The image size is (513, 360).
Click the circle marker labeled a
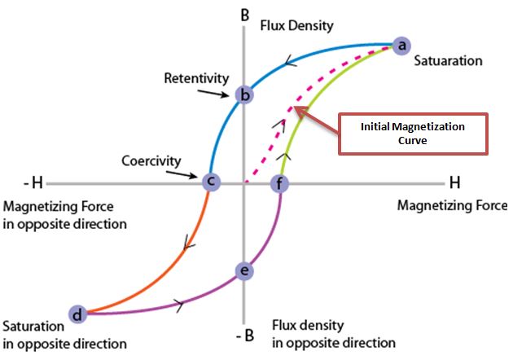[x=400, y=46]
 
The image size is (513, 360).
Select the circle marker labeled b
[x=243, y=95]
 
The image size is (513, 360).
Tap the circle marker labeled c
[x=210, y=181]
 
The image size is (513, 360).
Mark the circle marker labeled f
[x=279, y=182]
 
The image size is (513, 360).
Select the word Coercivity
[x=151, y=160]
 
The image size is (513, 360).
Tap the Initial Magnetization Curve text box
[x=412, y=134]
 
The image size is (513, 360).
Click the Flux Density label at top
[x=296, y=25]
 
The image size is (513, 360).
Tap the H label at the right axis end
[x=453, y=180]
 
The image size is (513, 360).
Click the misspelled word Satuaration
[x=449, y=61]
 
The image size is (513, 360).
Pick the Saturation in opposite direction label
[x=64, y=334]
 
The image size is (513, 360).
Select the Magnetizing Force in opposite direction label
[x=65, y=214]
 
